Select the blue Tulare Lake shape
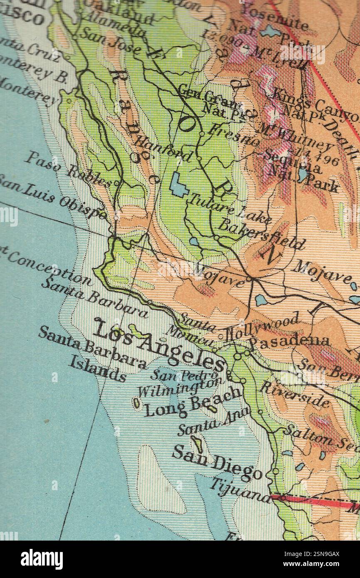[179, 185]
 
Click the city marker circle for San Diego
[275, 471]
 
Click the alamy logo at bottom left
[42, 559]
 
